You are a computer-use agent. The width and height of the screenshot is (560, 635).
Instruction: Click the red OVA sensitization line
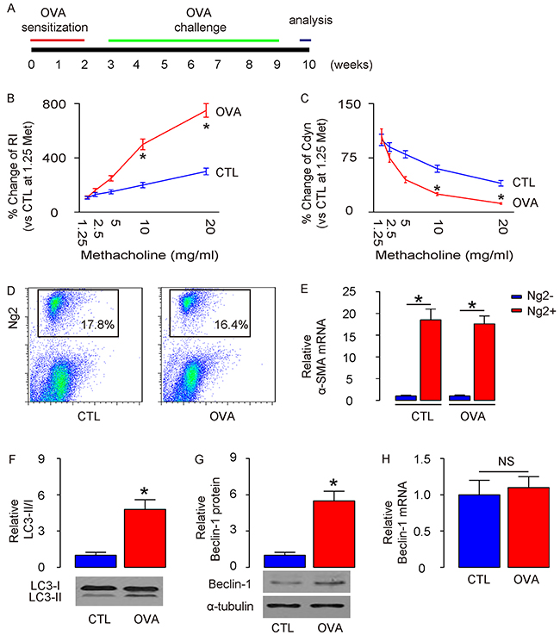click(58, 40)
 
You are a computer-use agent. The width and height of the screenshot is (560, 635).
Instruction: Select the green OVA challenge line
click(193, 40)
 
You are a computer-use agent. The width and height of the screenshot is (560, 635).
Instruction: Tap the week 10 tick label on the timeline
click(306, 64)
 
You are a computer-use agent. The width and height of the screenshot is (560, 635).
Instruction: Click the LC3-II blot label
click(50, 598)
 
